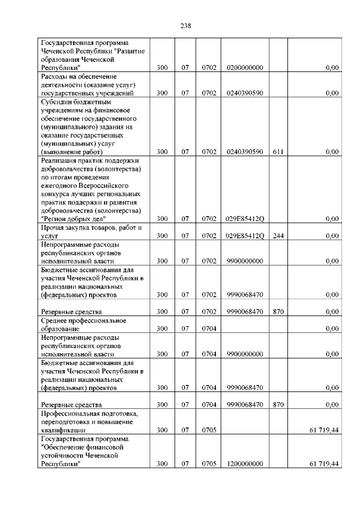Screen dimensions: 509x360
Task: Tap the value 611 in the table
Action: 278,151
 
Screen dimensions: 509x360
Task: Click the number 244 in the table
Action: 278,236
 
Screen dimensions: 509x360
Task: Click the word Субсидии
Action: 57,102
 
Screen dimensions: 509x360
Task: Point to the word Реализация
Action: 60,160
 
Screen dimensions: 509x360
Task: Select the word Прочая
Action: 55,227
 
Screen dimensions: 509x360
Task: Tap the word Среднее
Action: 56,320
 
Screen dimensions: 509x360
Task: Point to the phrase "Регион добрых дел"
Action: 73,219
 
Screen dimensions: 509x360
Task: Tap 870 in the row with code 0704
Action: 278,404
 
